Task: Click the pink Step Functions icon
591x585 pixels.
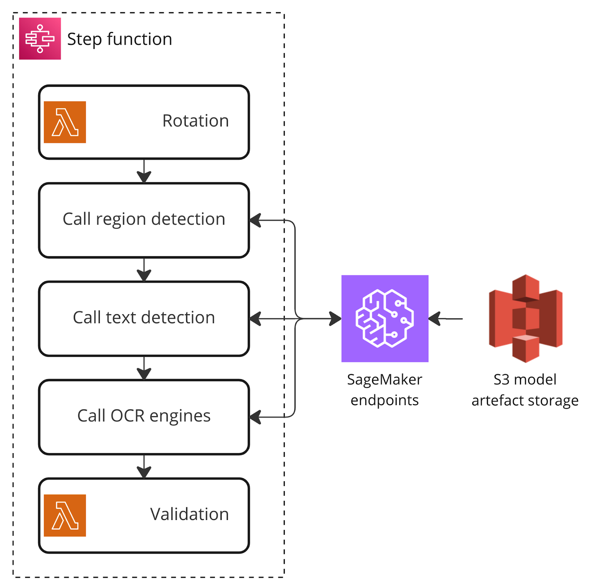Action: [40, 39]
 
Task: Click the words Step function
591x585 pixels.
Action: [120, 39]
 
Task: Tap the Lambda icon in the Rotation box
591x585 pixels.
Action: [65, 122]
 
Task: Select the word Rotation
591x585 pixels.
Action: [195, 121]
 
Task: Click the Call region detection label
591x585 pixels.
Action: [144, 219]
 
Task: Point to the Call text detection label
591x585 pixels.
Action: [144, 318]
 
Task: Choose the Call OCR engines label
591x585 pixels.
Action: [144, 416]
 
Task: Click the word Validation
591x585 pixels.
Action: [189, 514]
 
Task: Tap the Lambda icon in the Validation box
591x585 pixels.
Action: [65, 515]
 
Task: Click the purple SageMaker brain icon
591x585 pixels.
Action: [385, 318]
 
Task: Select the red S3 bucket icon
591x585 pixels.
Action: [525, 318]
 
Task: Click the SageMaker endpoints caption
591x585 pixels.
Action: [385, 390]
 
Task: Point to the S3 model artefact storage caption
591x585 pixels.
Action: [525, 390]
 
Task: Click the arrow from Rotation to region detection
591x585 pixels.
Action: [144, 171]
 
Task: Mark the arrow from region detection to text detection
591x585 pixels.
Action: [144, 270]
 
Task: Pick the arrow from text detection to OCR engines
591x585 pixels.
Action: [144, 368]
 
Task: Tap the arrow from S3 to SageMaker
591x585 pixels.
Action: [445, 318]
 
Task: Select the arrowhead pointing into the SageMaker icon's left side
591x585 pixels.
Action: [335, 318]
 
